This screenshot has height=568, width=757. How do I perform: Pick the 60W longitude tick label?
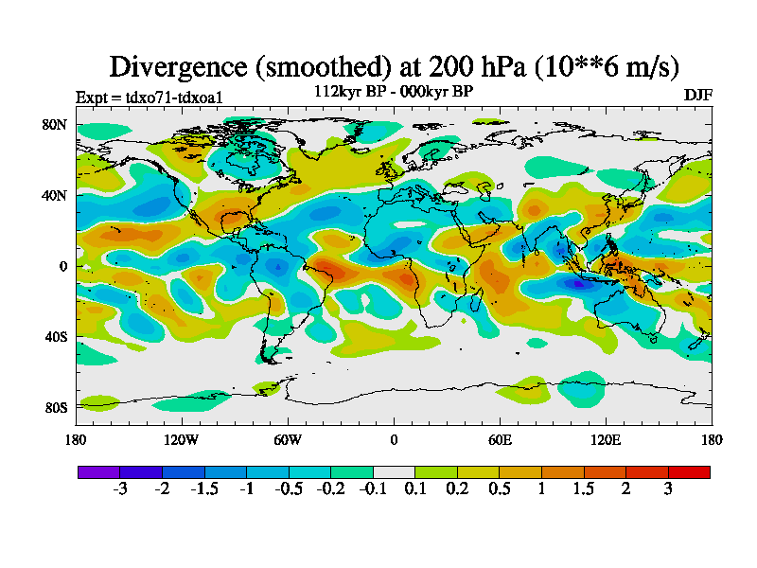point(288,439)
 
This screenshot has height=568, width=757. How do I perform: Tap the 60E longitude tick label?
point(500,439)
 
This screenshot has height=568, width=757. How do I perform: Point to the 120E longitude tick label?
point(606,439)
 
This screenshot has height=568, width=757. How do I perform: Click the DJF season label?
point(697,96)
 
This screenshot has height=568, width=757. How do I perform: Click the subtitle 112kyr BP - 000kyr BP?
point(394,91)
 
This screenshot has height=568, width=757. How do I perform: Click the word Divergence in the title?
point(180,66)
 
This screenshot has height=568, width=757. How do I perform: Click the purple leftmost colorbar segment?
point(98,471)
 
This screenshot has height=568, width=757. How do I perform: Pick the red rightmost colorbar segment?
point(689,471)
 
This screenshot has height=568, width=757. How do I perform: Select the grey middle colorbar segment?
point(394,471)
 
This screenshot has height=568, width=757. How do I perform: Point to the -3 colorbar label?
point(119,489)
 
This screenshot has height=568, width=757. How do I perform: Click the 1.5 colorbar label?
point(584,489)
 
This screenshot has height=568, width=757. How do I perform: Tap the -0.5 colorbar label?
point(288,489)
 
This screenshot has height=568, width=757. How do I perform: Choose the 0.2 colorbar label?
point(457,489)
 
